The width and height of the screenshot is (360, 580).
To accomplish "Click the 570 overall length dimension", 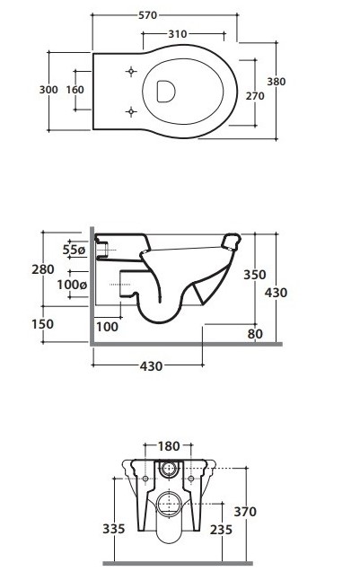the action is tap(147, 15).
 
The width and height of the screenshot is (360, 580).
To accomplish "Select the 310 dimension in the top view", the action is tap(177, 34).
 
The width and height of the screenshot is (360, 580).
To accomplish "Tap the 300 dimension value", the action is tap(48, 90).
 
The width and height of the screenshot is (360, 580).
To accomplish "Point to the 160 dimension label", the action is tap(75, 90).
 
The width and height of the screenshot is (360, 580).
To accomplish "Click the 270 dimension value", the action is tap(255, 96).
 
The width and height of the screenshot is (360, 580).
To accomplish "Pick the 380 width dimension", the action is tap(276, 82).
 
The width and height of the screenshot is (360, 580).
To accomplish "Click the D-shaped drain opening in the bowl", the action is tap(166, 91).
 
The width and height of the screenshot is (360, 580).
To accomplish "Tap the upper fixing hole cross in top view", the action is tap(131, 71).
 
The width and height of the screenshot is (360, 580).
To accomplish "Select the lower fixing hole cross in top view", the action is tap(130, 111).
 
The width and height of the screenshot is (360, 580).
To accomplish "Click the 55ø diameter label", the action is tap(74, 250).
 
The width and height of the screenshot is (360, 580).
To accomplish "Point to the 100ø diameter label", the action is tap(72, 285).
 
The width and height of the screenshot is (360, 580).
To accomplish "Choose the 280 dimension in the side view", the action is tap(43, 269).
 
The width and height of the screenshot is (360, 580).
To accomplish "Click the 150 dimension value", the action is tap(42, 324).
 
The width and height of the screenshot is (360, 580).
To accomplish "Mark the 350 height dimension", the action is tap(255, 275).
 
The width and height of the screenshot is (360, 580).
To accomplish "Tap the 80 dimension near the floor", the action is tap(255, 334).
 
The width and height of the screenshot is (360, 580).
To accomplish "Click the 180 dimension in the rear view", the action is tap(169, 446).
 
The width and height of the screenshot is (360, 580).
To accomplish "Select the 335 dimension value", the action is tap(114, 529).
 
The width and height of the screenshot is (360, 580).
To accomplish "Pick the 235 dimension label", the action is tap(221, 530).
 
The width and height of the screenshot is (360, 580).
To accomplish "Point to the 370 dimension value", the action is tap(245, 512).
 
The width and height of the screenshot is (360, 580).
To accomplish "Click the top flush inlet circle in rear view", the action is tap(169, 469).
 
